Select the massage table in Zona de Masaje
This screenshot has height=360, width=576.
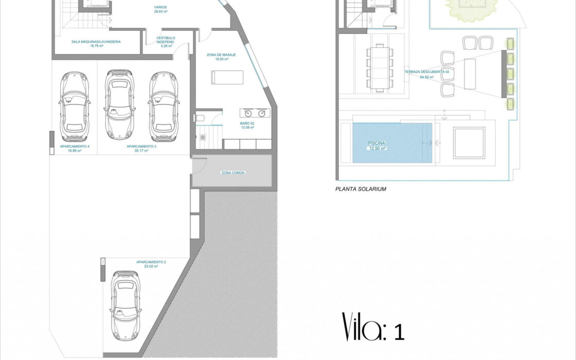tap(227, 78)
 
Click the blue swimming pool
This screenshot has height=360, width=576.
tap(392, 143)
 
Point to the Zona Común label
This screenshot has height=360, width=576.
tap(233, 173)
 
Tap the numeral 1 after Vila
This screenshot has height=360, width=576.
tap(399, 332)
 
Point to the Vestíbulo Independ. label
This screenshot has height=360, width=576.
tap(166, 40)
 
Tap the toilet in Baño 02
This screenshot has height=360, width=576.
tap(200, 118)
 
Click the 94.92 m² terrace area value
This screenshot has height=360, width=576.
tap(426, 77)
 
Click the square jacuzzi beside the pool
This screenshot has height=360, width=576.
tap(469, 142)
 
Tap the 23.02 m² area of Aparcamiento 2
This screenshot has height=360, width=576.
tap(151, 266)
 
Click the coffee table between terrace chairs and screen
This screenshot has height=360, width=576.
tap(470, 74)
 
